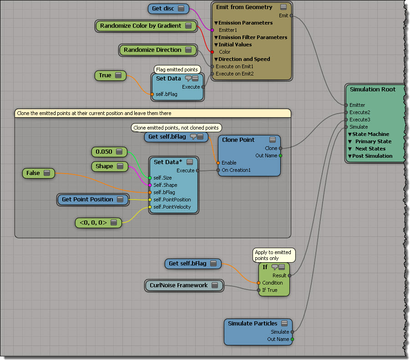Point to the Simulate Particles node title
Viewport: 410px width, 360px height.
point(253,324)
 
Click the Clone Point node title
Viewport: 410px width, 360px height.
point(238,140)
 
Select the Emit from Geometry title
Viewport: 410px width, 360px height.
point(244,7)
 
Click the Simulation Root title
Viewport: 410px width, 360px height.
point(372,89)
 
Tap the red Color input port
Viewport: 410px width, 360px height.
point(212,52)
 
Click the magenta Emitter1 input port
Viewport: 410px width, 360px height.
point(212,30)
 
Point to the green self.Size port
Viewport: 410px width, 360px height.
point(150,178)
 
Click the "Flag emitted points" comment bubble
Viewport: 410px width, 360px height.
point(177,70)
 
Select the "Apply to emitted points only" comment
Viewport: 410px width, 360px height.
point(273,255)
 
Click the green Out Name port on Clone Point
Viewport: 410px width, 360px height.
point(280,155)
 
